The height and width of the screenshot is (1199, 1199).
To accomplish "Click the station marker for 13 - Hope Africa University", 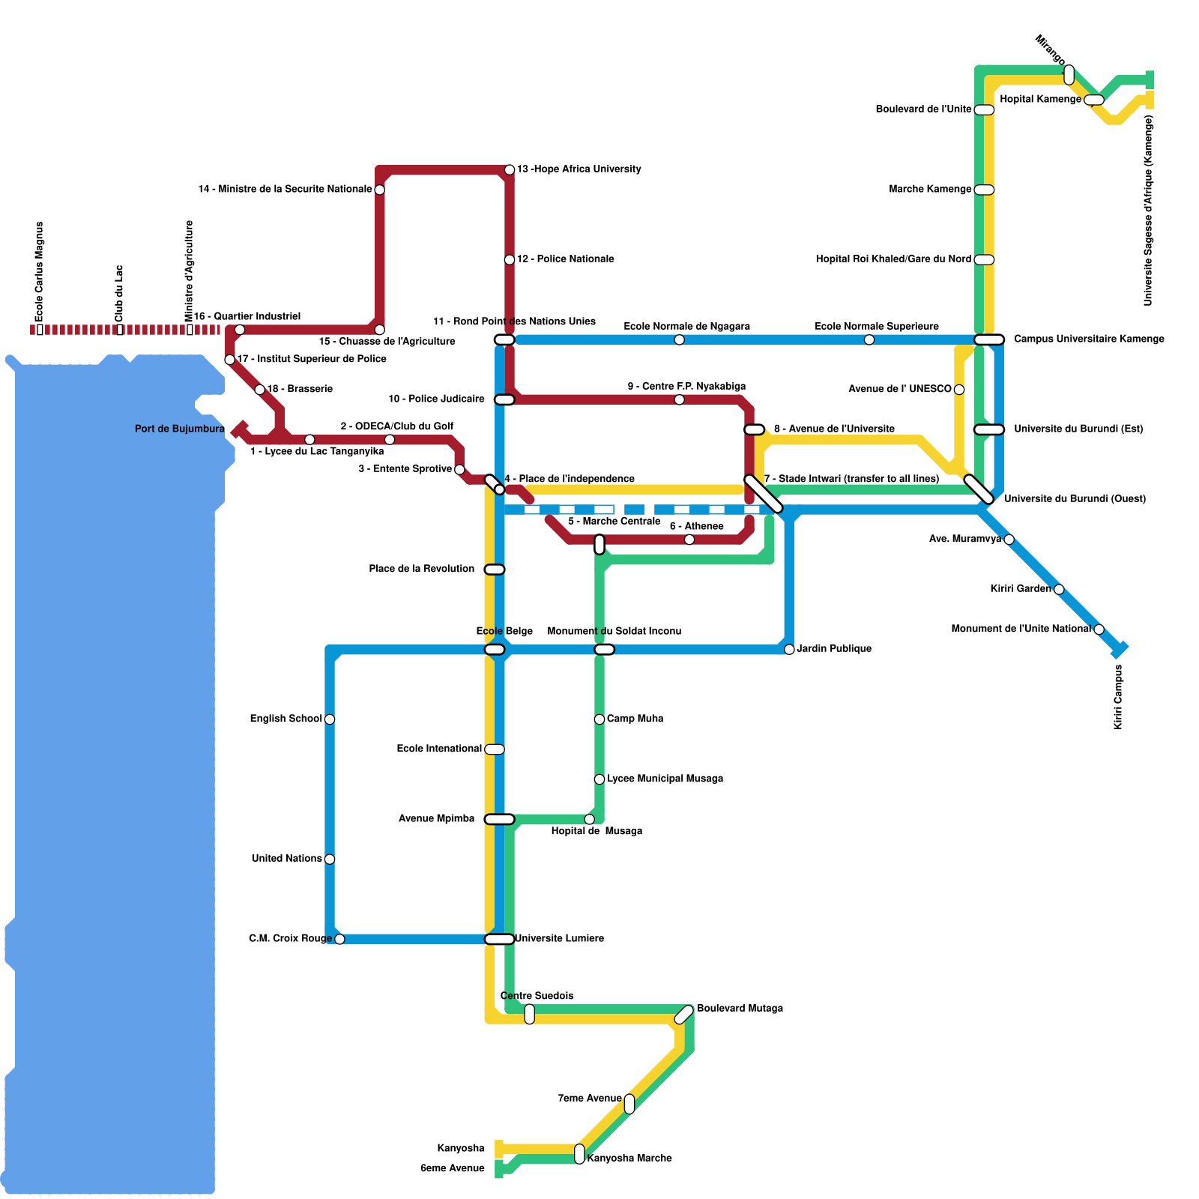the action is tap(510, 170).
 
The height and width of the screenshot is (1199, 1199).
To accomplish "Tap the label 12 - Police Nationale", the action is tap(565, 259).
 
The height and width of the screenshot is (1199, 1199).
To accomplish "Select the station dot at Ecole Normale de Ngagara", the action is tap(679, 340).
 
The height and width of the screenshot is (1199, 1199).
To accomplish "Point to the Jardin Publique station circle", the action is tap(789, 650).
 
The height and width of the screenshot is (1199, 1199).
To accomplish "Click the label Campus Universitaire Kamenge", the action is tap(1089, 339).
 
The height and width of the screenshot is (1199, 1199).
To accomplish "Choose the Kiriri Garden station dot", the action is tap(1059, 590).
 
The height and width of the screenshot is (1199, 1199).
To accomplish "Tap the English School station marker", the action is tap(330, 719).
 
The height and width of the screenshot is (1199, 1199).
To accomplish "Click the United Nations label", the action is tap(287, 859).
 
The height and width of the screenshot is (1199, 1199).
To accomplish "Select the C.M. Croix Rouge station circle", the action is tap(339, 940).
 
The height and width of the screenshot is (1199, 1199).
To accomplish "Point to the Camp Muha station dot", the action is tap(599, 719).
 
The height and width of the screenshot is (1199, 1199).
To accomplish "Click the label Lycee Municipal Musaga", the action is tap(665, 779).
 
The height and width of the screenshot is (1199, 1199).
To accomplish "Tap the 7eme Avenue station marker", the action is tap(629, 1104).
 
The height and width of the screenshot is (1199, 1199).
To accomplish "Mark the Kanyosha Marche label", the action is tap(629, 1159).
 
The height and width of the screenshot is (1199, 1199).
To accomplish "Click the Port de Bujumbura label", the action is tap(180, 429).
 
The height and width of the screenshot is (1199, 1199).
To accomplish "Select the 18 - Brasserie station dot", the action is tap(259, 390).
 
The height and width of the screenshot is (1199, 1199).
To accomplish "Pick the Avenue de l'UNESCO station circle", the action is tap(959, 390).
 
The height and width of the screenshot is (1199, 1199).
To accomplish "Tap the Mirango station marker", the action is tap(1069, 75).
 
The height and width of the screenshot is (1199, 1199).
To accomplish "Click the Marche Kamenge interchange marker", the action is tap(984, 190).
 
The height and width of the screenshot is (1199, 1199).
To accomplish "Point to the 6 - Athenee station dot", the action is tap(689, 540).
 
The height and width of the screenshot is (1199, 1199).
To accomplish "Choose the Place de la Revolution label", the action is tap(422, 569).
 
